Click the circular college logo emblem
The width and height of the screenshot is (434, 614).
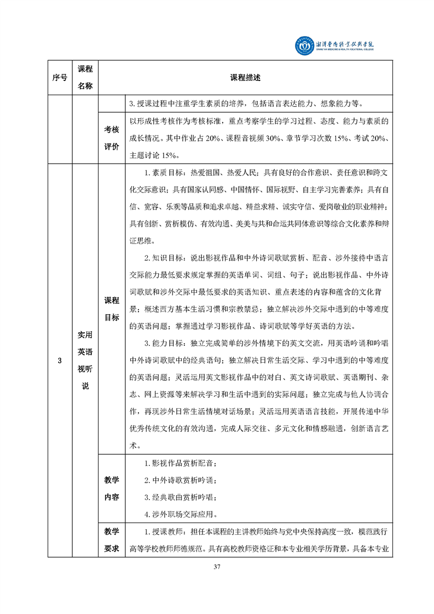tap(303, 47)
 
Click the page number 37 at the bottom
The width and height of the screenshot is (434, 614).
tap(217, 566)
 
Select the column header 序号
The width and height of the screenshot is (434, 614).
tap(60, 77)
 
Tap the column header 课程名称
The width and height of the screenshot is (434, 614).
tap(85, 77)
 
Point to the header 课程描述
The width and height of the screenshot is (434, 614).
tap(245, 77)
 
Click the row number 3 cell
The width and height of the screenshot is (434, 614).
tap(60, 361)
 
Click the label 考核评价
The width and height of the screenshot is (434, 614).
tap(112, 137)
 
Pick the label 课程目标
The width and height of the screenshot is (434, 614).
tap(112, 309)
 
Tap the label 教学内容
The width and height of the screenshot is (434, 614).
tap(112, 488)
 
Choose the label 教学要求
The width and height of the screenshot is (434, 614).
tap(112, 539)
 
